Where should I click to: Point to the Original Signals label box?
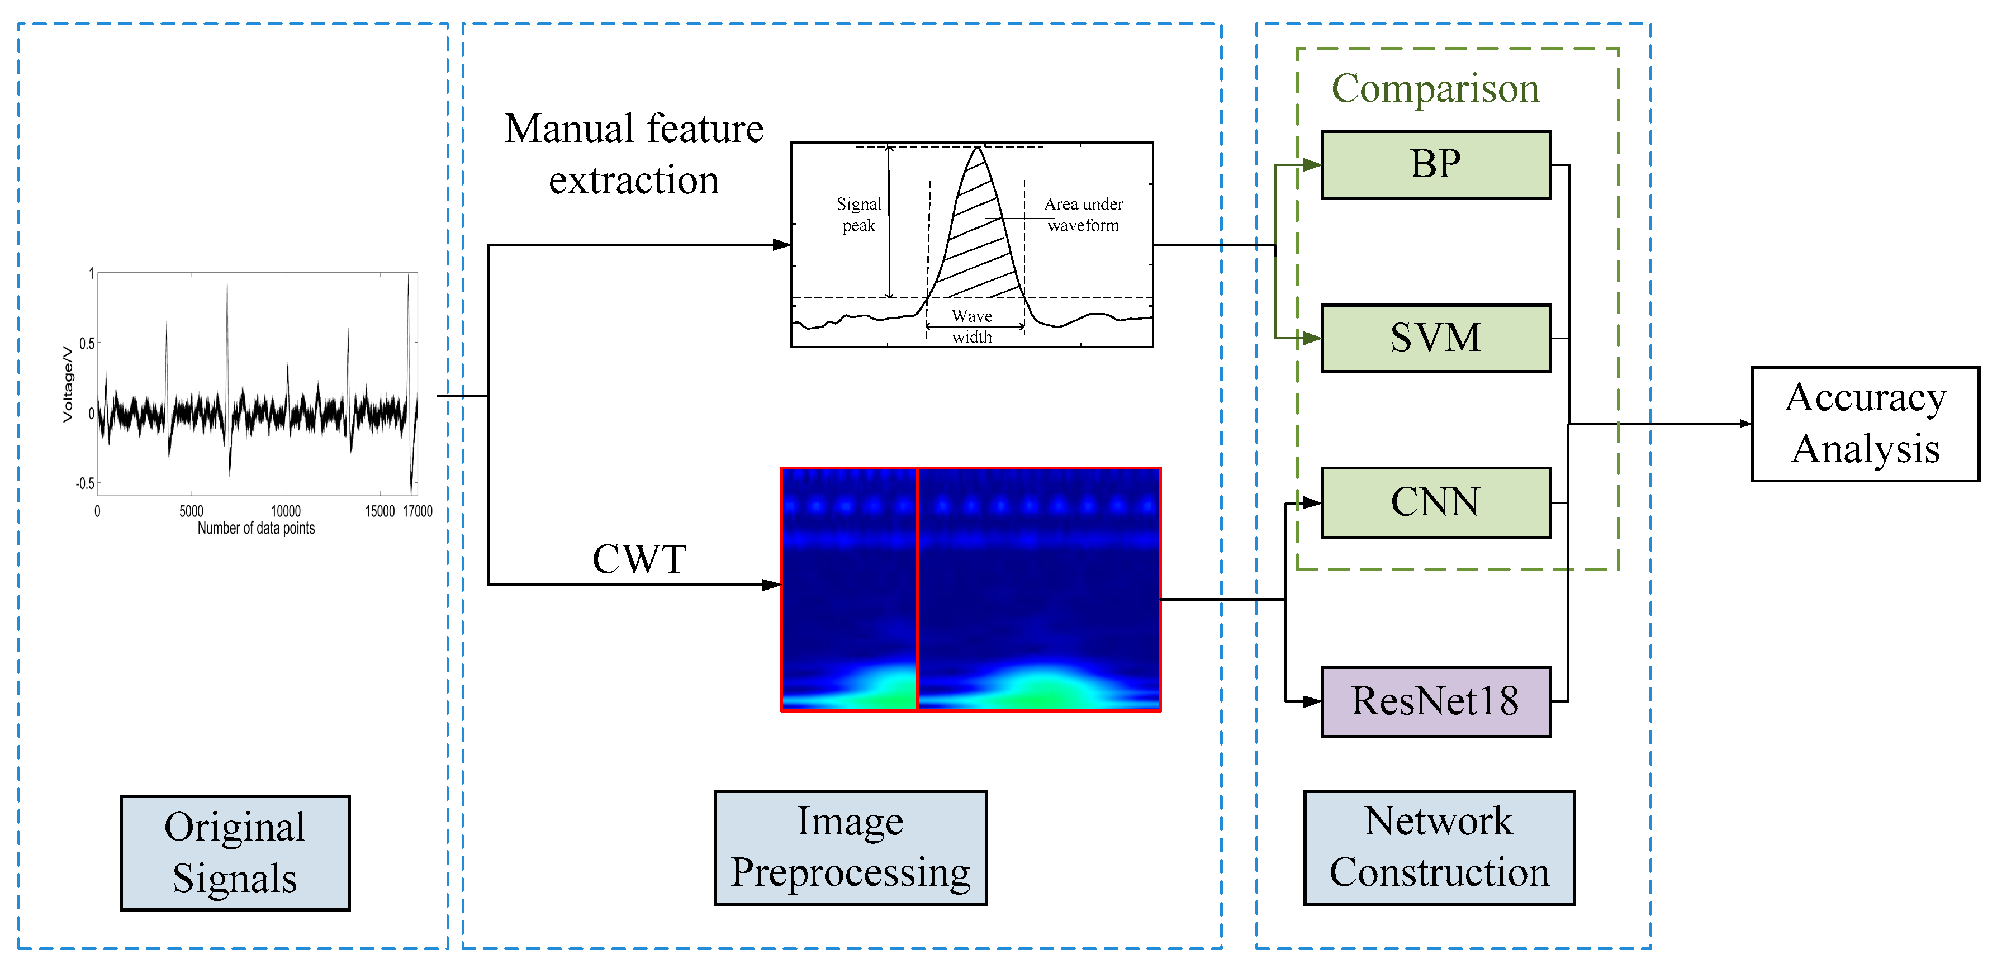235,852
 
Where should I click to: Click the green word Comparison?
1435,88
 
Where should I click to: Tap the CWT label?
639,559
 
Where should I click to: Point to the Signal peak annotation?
858,215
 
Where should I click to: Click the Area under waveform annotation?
1083,215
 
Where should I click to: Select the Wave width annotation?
971,326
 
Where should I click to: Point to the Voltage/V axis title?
68,384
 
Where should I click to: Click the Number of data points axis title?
256,528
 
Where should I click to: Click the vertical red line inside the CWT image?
917,589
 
